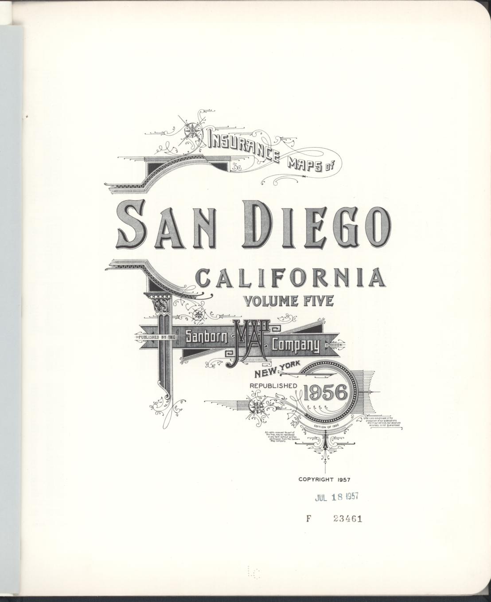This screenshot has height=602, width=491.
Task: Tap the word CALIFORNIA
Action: click(290, 278)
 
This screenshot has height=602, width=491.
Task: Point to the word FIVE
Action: click(317, 301)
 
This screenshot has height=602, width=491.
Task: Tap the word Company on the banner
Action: click(296, 345)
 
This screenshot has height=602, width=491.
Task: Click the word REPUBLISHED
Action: click(273, 386)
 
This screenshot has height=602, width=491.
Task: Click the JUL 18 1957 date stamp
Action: click(336, 497)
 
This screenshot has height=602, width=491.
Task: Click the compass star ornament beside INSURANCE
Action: click(192, 130)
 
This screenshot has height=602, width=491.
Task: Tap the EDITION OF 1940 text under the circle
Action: click(326, 426)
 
